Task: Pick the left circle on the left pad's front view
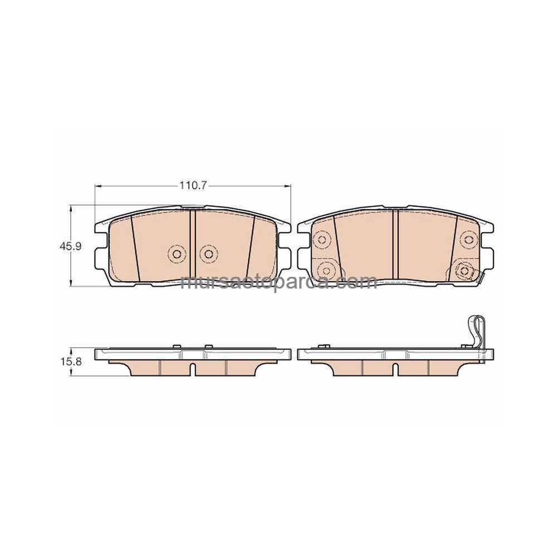[x=177, y=253]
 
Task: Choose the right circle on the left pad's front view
[x=208, y=253]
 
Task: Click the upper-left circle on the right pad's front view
[x=322, y=240]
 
